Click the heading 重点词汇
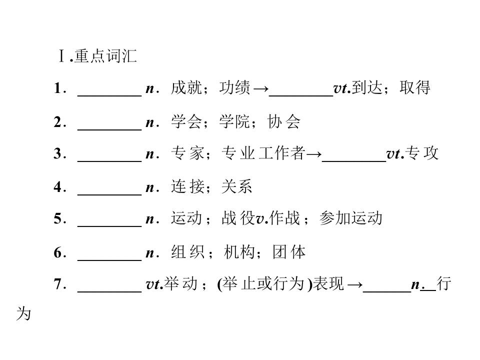pyautogui.click(x=105, y=56)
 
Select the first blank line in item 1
pyautogui.click(x=109, y=96)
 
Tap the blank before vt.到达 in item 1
pyautogui.click(x=301, y=96)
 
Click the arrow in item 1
pyautogui.click(x=261, y=89)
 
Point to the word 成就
pyautogui.click(x=186, y=88)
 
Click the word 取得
pyautogui.click(x=415, y=88)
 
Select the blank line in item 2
pyautogui.click(x=109, y=130)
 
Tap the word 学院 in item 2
pyautogui.click(x=234, y=122)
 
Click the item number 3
pyautogui.click(x=58, y=153)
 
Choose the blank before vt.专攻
pyautogui.click(x=354, y=161)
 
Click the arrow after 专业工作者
pyautogui.click(x=314, y=154)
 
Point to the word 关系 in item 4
pyautogui.click(x=236, y=186)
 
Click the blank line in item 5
pyautogui.click(x=109, y=226)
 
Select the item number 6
pyautogui.click(x=58, y=253)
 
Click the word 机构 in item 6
pyautogui.click(x=239, y=252)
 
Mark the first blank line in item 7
pyautogui.click(x=109, y=291)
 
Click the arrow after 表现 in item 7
pyautogui.click(x=355, y=285)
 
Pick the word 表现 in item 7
pyautogui.click(x=328, y=284)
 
